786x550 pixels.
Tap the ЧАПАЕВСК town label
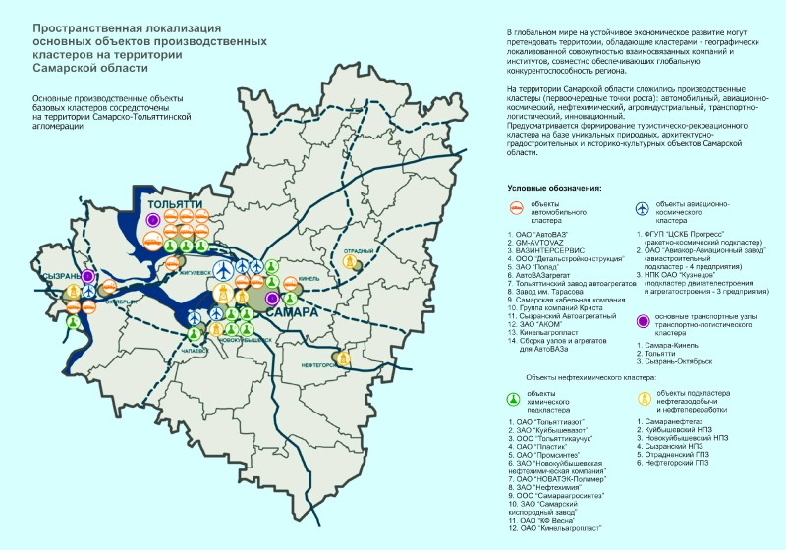[x=195, y=351]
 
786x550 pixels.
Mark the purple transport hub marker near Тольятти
[x=153, y=221]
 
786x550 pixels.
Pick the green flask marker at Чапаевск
[x=195, y=334]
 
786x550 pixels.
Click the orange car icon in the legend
[x=516, y=208]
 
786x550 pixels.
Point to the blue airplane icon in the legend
[x=641, y=208]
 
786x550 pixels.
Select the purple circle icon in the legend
[x=641, y=320]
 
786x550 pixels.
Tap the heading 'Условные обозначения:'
[x=554, y=187]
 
